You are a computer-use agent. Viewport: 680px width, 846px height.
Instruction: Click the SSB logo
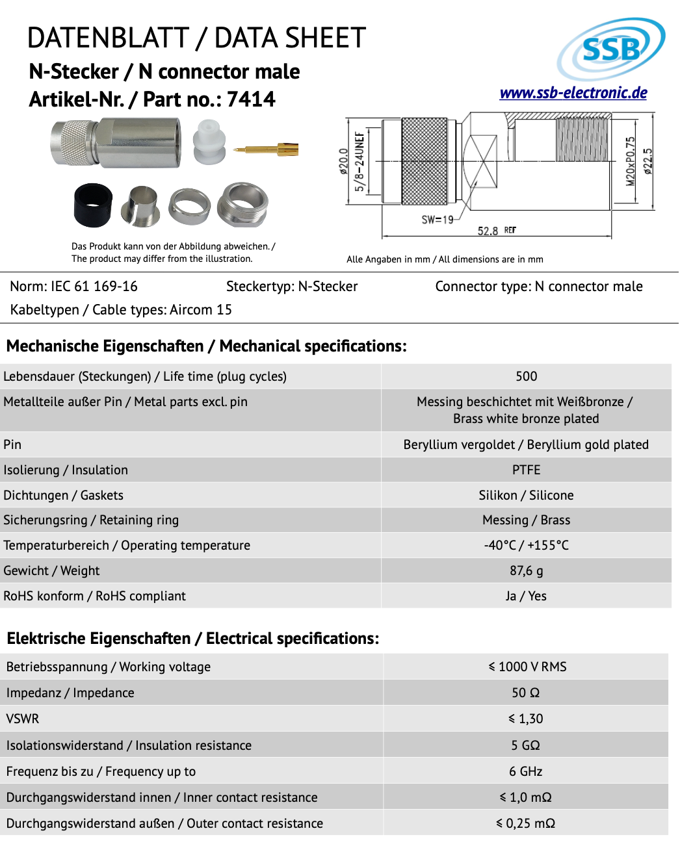coord(611,49)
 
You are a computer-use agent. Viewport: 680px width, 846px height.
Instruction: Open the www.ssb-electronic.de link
coord(573,93)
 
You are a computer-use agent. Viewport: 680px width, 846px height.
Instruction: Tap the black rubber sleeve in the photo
coord(93,205)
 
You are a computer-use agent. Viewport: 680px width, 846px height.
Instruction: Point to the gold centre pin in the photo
coord(267,150)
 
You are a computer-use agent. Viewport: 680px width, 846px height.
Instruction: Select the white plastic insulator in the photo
coord(209,142)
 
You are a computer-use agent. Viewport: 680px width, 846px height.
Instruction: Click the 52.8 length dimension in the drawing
coord(488,231)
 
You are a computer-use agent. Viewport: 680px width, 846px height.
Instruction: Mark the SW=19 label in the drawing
coord(438,220)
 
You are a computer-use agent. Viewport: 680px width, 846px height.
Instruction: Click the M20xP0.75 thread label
coord(630,161)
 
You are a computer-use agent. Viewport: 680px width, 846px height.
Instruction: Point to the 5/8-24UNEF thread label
coord(359,161)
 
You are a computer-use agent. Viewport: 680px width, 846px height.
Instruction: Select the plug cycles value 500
coord(526,376)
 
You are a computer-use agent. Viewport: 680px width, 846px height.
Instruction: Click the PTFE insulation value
coord(526,470)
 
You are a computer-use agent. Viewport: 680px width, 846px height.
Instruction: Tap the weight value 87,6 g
coord(526,570)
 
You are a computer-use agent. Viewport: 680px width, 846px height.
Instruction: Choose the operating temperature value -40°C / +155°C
coord(526,545)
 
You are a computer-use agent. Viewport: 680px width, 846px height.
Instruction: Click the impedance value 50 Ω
coord(525,693)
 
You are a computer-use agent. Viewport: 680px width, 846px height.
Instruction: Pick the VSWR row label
coord(23,719)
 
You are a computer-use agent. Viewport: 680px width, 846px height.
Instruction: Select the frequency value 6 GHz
coord(525,771)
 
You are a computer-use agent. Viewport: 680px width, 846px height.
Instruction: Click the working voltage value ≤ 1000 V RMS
coord(527,667)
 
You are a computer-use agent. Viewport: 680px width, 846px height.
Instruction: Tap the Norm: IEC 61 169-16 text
coord(74,287)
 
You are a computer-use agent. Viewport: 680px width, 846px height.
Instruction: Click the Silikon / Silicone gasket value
coord(526,495)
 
